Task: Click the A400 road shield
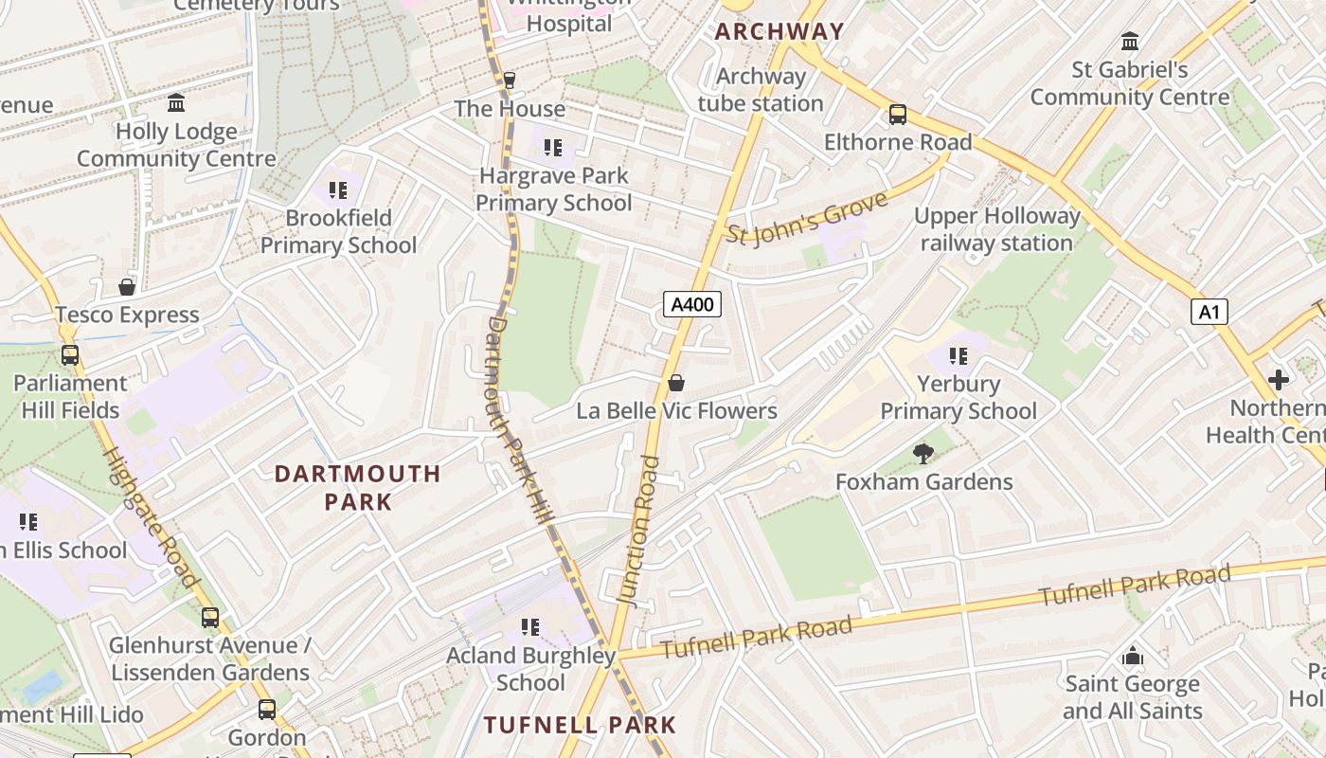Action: pyautogui.click(x=692, y=304)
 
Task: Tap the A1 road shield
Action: pyautogui.click(x=1209, y=312)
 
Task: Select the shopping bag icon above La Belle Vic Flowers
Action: pyautogui.click(x=676, y=383)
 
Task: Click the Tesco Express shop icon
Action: pyautogui.click(x=127, y=286)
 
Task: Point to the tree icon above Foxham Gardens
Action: pyautogui.click(x=923, y=454)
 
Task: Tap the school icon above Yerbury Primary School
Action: pyautogui.click(x=959, y=356)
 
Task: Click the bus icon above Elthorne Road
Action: pyautogui.click(x=898, y=115)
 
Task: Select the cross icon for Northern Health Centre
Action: pyautogui.click(x=1279, y=380)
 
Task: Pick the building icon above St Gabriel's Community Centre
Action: pyautogui.click(x=1130, y=42)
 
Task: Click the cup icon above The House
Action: pyautogui.click(x=510, y=81)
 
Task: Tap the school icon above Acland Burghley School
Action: pyautogui.click(x=530, y=626)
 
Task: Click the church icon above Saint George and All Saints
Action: pyautogui.click(x=1132, y=656)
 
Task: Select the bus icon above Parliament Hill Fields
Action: pyautogui.click(x=70, y=355)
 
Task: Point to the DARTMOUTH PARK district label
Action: pyautogui.click(x=358, y=487)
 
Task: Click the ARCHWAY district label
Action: pyautogui.click(x=779, y=31)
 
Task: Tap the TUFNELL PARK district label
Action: pyautogui.click(x=580, y=725)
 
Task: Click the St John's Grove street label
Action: pyautogui.click(x=807, y=218)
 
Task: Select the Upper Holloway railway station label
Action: pyautogui.click(x=996, y=229)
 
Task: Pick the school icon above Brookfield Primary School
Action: pyautogui.click(x=338, y=190)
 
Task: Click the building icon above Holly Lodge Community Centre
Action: pyautogui.click(x=176, y=103)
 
